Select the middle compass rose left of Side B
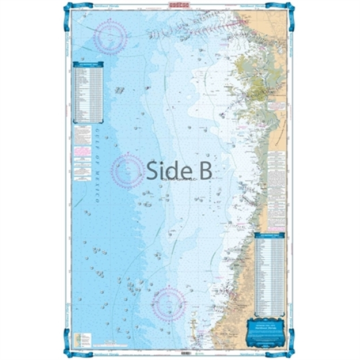coord(128,169)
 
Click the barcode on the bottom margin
coord(184,352)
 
